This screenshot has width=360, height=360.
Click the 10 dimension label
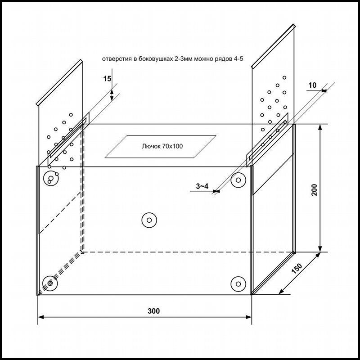click(x=313, y=85)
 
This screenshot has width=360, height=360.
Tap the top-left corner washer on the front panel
click(x=50, y=180)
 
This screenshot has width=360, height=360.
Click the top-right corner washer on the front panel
click(x=238, y=180)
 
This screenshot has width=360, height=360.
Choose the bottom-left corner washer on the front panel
click(x=49, y=283)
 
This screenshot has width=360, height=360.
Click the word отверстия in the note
click(x=117, y=58)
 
